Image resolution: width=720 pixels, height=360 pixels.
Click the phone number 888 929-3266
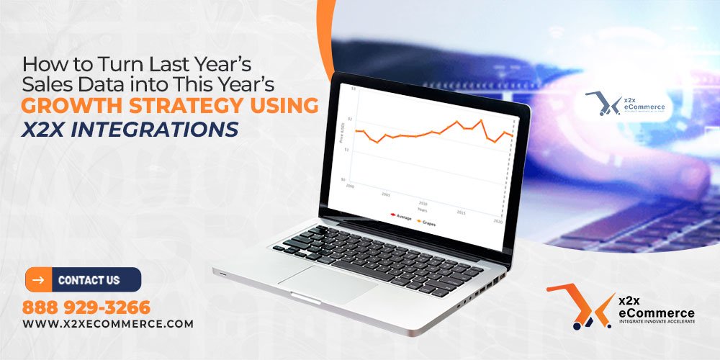[86, 307]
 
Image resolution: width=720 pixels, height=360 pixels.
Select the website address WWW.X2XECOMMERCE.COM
[108, 324]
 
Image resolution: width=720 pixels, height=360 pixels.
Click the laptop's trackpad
[328, 284]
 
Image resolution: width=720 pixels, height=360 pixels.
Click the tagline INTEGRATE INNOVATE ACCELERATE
[656, 323]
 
